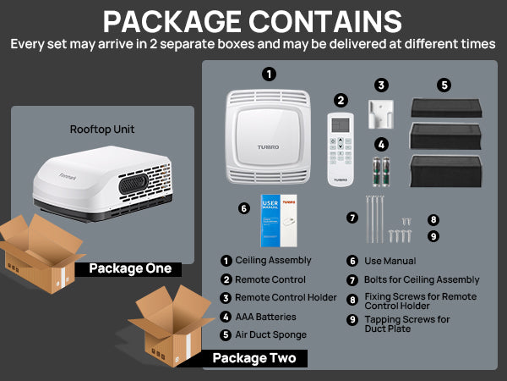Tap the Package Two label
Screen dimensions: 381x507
point(253,358)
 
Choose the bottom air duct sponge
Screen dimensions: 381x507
point(445,170)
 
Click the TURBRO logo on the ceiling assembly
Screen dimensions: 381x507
point(269,147)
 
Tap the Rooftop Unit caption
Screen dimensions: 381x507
point(102,130)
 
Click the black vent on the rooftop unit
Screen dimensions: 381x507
point(134,184)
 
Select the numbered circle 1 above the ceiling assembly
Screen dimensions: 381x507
point(269,75)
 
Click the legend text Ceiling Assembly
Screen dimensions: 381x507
point(273,261)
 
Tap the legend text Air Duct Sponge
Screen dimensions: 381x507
point(270,335)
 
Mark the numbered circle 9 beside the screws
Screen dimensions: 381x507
point(433,236)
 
